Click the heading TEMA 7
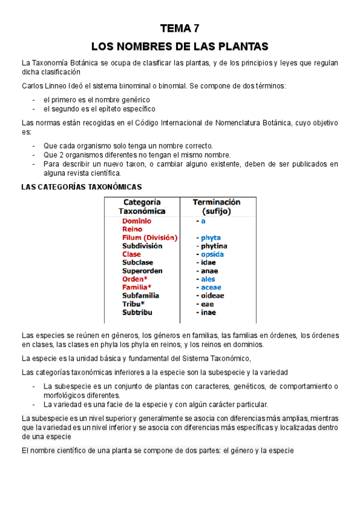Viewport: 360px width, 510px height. (180, 28)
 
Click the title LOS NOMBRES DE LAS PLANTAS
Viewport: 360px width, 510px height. (180, 46)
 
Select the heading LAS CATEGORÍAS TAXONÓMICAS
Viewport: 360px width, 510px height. (81, 187)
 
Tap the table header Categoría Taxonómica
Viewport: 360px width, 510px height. (142, 207)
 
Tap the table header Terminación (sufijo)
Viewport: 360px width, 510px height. (216, 207)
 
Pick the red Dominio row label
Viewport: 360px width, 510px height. (137, 221)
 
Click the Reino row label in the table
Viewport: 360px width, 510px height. (132, 229)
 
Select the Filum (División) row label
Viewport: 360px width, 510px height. (150, 238)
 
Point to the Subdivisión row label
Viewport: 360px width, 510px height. (142, 246)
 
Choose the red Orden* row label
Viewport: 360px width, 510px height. (135, 279)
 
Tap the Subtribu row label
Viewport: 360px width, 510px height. (138, 312)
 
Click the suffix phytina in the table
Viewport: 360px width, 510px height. (214, 246)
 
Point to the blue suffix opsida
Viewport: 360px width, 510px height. (212, 254)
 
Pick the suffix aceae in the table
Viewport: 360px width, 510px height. (211, 287)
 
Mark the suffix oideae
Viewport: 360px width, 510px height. (212, 296)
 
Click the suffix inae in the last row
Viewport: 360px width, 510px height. (208, 312)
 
